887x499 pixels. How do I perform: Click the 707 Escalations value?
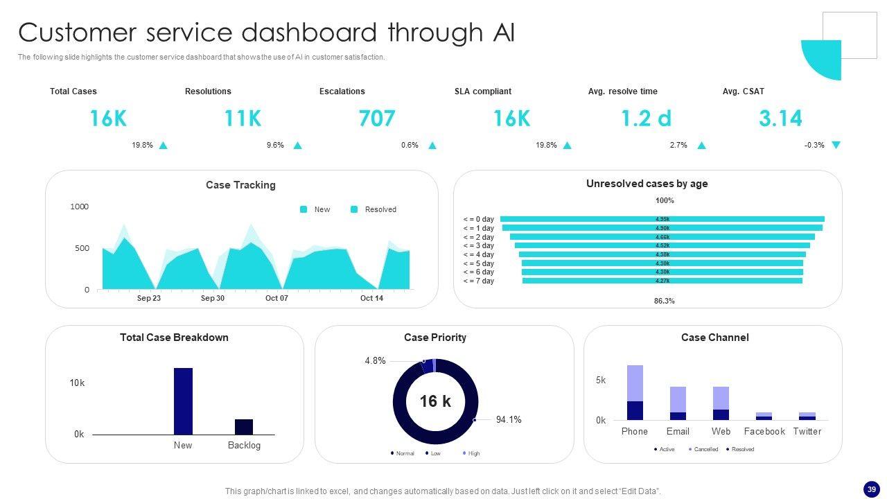pos(377,119)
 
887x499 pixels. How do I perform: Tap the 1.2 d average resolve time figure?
pos(646,119)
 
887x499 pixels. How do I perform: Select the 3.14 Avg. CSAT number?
pos(780,119)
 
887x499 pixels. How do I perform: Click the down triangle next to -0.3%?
pos(836,145)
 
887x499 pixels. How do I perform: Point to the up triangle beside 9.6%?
pos(297,146)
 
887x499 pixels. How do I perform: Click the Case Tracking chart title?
pos(240,185)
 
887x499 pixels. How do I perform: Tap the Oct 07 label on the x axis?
pos(276,298)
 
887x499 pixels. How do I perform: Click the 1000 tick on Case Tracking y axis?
pos(80,207)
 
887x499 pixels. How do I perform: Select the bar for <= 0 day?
pos(662,219)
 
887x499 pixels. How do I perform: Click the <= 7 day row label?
pos(479,281)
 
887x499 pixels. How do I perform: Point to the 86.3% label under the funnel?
pos(664,301)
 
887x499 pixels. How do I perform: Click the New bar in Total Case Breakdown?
pos(183,401)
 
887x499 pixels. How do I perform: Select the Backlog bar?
pos(244,426)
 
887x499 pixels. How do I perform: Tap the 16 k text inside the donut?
pos(435,401)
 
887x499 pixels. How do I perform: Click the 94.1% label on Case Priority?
pos(509,419)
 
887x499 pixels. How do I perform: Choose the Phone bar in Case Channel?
pos(635,392)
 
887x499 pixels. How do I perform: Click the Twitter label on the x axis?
pos(807,431)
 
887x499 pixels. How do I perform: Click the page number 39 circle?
pos(872,489)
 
